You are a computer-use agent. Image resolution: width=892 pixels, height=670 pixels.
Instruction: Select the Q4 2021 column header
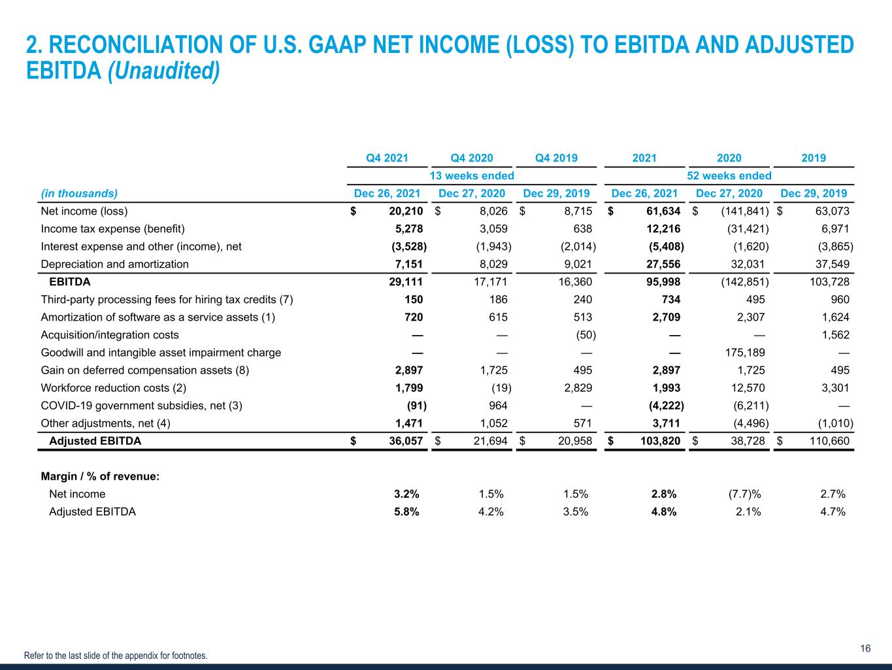coord(387,158)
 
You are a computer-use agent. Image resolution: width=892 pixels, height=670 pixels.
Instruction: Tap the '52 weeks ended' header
coord(729,175)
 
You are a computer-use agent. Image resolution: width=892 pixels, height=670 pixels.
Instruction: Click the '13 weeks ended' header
coord(471,175)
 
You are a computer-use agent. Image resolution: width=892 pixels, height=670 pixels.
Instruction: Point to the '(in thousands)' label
coord(79,193)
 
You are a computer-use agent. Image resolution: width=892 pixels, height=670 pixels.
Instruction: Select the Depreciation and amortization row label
coord(114,264)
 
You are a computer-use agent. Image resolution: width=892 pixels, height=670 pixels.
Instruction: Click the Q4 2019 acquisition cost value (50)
coord(586,334)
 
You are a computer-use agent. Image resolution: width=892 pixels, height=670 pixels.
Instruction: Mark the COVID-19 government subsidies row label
coord(141,405)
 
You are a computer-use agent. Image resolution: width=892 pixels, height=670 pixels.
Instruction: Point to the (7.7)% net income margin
coord(735,493)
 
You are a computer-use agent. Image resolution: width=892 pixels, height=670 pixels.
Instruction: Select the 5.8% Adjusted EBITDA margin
coord(405,511)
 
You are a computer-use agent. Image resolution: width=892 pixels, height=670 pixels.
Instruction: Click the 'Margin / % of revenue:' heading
coord(100,476)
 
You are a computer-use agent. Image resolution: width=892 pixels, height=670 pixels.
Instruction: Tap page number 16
coord(865,648)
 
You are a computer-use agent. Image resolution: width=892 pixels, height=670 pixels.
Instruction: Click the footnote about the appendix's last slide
coord(116,655)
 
